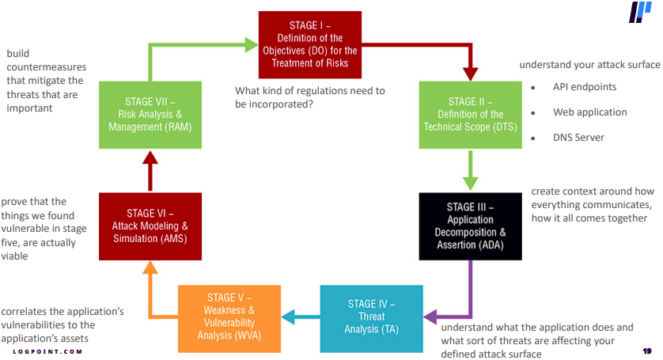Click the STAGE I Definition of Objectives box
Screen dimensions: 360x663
pos(310,39)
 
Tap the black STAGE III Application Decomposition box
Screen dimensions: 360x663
pos(470,225)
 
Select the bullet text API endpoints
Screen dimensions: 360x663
pos(585,87)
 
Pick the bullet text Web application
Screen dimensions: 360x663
pos(589,112)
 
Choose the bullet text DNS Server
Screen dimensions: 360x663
pos(578,137)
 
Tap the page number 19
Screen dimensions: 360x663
pos(646,350)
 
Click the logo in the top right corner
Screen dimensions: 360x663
pos(640,13)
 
